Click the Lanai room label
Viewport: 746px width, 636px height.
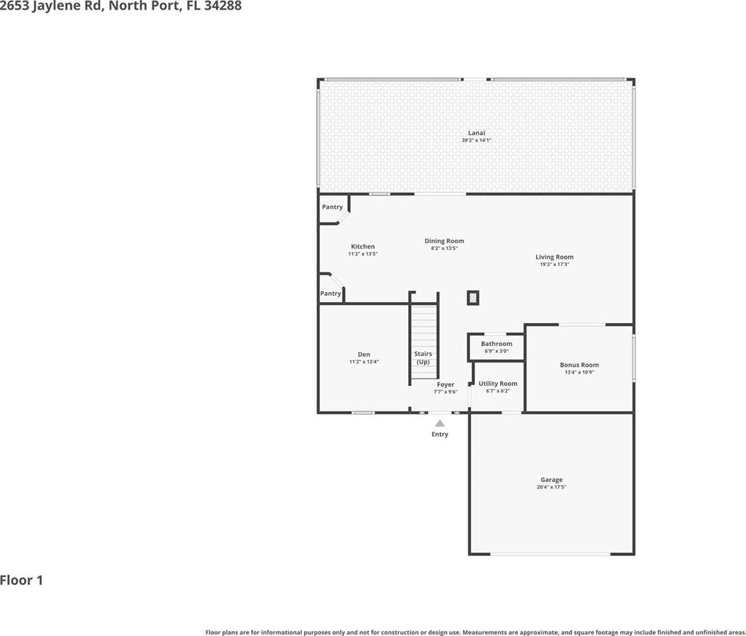coord(477,133)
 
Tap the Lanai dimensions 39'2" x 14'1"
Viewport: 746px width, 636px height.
coord(477,141)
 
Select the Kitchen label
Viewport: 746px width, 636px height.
coord(363,247)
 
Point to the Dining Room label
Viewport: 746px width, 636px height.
coord(445,241)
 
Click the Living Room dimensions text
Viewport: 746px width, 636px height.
coord(554,264)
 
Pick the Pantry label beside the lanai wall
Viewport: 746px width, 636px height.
coord(332,207)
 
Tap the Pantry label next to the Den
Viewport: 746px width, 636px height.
coord(330,293)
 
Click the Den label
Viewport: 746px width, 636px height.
coord(364,354)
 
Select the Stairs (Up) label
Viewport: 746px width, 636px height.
coord(423,358)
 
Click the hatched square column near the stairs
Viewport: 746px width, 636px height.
coord(473,298)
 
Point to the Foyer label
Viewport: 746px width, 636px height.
coord(445,385)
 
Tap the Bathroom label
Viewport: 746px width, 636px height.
coord(496,344)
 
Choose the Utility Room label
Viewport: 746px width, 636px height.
coord(498,383)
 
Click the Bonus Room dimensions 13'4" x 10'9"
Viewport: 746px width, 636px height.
coord(580,372)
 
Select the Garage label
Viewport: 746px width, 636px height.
coord(551,480)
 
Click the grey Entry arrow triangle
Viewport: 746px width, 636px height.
coord(440,423)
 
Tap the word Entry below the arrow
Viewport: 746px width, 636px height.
coord(440,434)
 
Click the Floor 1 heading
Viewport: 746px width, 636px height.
coord(22,580)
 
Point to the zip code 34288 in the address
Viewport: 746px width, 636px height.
coord(223,6)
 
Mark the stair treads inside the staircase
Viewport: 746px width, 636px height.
coord(424,342)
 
